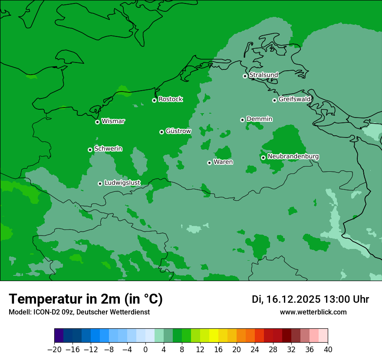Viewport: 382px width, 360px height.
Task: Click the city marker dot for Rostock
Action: pyautogui.click(x=154, y=100)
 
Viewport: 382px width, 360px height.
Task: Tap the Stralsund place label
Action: pyautogui.click(x=263, y=75)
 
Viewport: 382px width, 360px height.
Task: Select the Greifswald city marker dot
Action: pyautogui.click(x=274, y=100)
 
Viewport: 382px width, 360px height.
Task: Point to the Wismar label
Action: pyautogui.click(x=113, y=121)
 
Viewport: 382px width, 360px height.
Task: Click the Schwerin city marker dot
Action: pyautogui.click(x=90, y=150)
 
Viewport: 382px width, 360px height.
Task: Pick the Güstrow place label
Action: pyautogui.click(x=178, y=131)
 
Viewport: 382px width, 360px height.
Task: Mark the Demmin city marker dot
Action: pyautogui.click(x=242, y=120)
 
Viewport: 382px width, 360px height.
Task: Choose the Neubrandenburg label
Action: pyautogui.click(x=293, y=157)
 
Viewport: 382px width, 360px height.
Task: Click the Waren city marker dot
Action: pyautogui.click(x=209, y=163)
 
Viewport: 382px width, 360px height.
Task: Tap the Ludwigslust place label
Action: pyautogui.click(x=122, y=183)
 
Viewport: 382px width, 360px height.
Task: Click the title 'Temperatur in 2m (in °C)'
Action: pyautogui.click(x=86, y=299)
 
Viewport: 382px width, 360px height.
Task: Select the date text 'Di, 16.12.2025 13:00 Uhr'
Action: pyautogui.click(x=310, y=299)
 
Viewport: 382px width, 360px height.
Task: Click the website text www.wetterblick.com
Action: pyautogui.click(x=313, y=312)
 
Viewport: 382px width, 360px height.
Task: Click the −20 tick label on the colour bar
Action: pyautogui.click(x=54, y=350)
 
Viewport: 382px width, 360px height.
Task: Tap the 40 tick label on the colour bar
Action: pyautogui.click(x=328, y=350)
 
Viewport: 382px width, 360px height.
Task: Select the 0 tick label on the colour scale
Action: pyautogui.click(x=145, y=350)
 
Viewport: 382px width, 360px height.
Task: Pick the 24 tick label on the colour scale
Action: pyautogui.click(x=255, y=350)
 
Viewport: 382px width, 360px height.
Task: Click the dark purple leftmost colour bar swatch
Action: pyautogui.click(x=59, y=336)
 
